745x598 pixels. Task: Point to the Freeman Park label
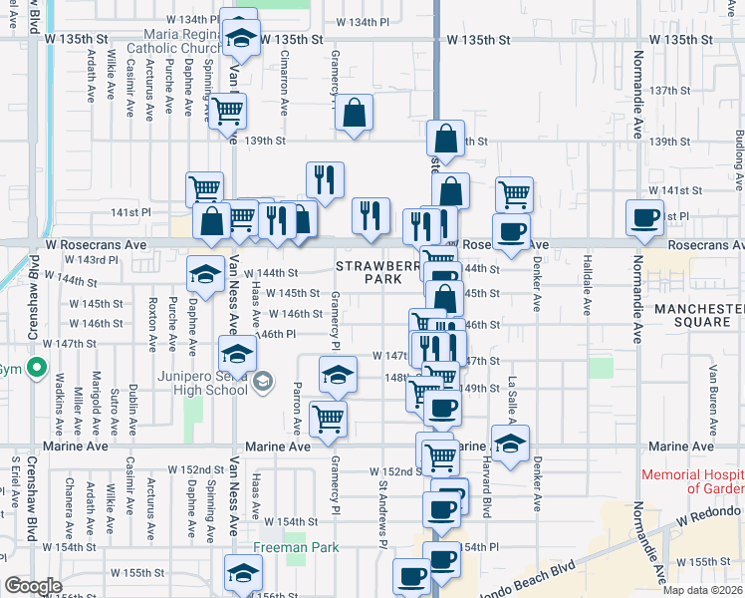(296, 547)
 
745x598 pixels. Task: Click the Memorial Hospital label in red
(693, 481)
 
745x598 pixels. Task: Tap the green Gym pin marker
(37, 370)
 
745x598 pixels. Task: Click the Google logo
(33, 586)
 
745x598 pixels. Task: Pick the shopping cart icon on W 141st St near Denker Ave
(514, 193)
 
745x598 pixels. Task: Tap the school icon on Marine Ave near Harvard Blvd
(510, 444)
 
